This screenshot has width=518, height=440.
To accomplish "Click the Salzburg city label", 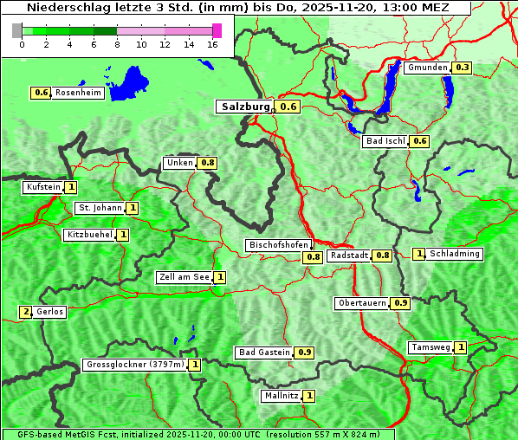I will (246, 107).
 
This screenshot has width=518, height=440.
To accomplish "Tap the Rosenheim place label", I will (78, 93).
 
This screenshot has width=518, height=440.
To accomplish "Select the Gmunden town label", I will (428, 68).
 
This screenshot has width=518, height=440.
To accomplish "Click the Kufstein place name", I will (43, 187).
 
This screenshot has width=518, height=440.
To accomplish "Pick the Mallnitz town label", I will (281, 396).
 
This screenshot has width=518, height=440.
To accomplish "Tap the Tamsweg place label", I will (431, 347).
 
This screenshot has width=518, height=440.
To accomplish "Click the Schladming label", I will (455, 254).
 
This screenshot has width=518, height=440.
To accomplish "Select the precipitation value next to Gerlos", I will (25, 312).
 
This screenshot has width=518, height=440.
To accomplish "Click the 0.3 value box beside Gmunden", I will (463, 68).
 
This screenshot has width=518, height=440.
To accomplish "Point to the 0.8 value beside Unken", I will (207, 163).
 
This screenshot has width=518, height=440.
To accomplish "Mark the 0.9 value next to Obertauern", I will (400, 303).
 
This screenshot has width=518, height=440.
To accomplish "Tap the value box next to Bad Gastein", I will (304, 353).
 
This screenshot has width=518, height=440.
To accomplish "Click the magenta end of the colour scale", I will (217, 30).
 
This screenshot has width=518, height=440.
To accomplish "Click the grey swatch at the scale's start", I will (17, 30).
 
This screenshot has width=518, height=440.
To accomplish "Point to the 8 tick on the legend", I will (117, 44).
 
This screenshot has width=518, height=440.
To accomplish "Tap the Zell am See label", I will (185, 277).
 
